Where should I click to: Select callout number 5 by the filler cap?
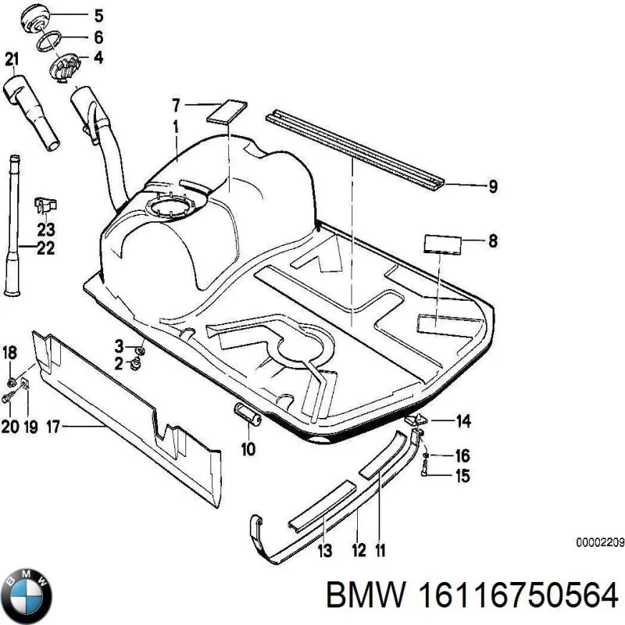tap(98, 15)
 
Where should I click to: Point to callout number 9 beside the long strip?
tap(493, 186)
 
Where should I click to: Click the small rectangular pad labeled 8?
tap(443, 242)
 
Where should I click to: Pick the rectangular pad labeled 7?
tap(225, 110)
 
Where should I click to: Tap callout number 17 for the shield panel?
tap(53, 427)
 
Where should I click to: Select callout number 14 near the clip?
tap(463, 422)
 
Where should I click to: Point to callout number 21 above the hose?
tap(11, 58)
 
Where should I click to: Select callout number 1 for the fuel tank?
tap(177, 125)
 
